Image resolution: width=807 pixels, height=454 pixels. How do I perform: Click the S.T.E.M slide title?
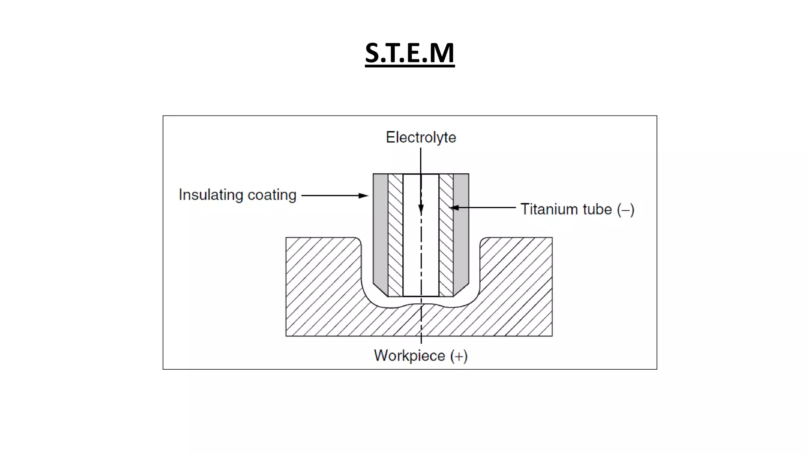(x=409, y=53)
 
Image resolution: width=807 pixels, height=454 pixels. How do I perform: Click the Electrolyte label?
(x=421, y=137)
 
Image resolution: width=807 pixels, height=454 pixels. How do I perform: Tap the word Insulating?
(x=211, y=195)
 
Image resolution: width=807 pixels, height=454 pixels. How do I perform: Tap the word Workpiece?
(x=409, y=355)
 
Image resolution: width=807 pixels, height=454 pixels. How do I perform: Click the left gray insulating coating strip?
(x=381, y=229)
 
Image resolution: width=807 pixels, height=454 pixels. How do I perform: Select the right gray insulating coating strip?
(x=461, y=229)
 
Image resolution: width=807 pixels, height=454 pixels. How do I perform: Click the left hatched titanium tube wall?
(x=396, y=236)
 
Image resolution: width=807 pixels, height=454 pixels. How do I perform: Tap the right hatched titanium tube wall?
(x=446, y=236)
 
